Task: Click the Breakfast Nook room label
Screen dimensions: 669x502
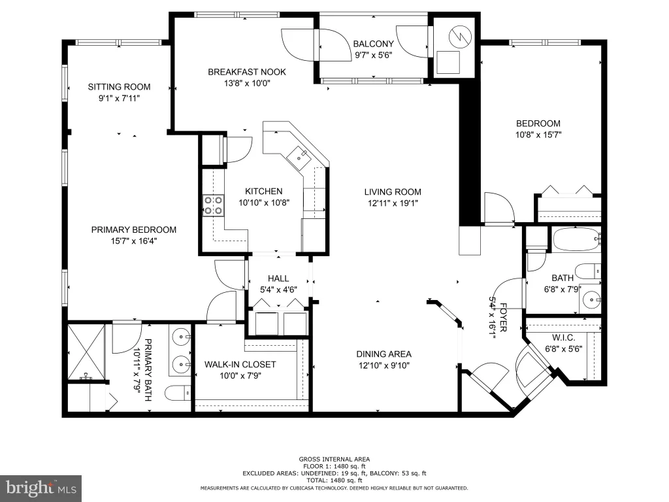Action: [x=246, y=72]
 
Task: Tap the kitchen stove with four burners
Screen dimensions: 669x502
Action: [x=213, y=205]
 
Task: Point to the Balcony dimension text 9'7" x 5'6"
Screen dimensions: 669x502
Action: [x=373, y=55]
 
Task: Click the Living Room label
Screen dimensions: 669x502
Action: [x=393, y=192]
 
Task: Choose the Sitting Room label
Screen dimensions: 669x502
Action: [x=119, y=87]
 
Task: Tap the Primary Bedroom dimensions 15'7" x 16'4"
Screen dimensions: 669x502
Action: [x=134, y=241]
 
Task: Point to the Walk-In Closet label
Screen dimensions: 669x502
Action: [x=240, y=365]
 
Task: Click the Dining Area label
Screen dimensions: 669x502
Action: [x=384, y=354]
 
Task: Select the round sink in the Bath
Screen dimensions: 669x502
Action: [x=591, y=299]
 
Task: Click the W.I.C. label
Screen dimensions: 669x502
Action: [x=564, y=338]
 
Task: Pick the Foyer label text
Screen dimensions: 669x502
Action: [x=504, y=318]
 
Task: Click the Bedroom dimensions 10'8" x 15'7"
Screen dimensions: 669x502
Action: [x=538, y=135]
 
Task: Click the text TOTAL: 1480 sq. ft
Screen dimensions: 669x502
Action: [x=334, y=480]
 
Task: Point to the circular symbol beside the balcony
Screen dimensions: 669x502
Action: [x=461, y=36]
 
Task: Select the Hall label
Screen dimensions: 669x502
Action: [x=278, y=278]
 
